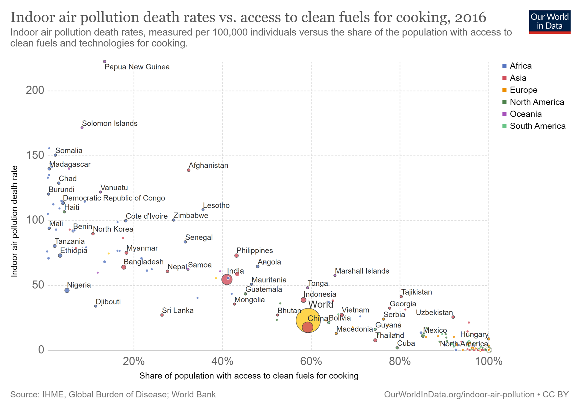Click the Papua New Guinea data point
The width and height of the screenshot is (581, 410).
[105, 62]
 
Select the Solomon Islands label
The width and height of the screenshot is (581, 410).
[110, 123]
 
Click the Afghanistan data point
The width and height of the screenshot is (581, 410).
[189, 170]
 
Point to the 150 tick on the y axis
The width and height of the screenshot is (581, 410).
[35, 155]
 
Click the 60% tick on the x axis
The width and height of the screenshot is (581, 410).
[311, 361]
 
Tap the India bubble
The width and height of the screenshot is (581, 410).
[227, 280]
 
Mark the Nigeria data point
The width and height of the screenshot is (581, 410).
[67, 290]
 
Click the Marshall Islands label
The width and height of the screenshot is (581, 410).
[362, 271]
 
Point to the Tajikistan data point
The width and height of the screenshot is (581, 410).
[401, 297]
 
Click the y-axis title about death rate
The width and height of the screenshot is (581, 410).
[14, 221]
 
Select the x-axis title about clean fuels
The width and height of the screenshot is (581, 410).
[249, 376]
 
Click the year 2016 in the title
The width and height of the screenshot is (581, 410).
[470, 17]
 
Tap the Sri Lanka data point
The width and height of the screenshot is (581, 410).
[162, 315]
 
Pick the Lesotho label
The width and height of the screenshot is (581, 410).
[216, 205]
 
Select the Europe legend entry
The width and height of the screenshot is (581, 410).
[523, 90]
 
